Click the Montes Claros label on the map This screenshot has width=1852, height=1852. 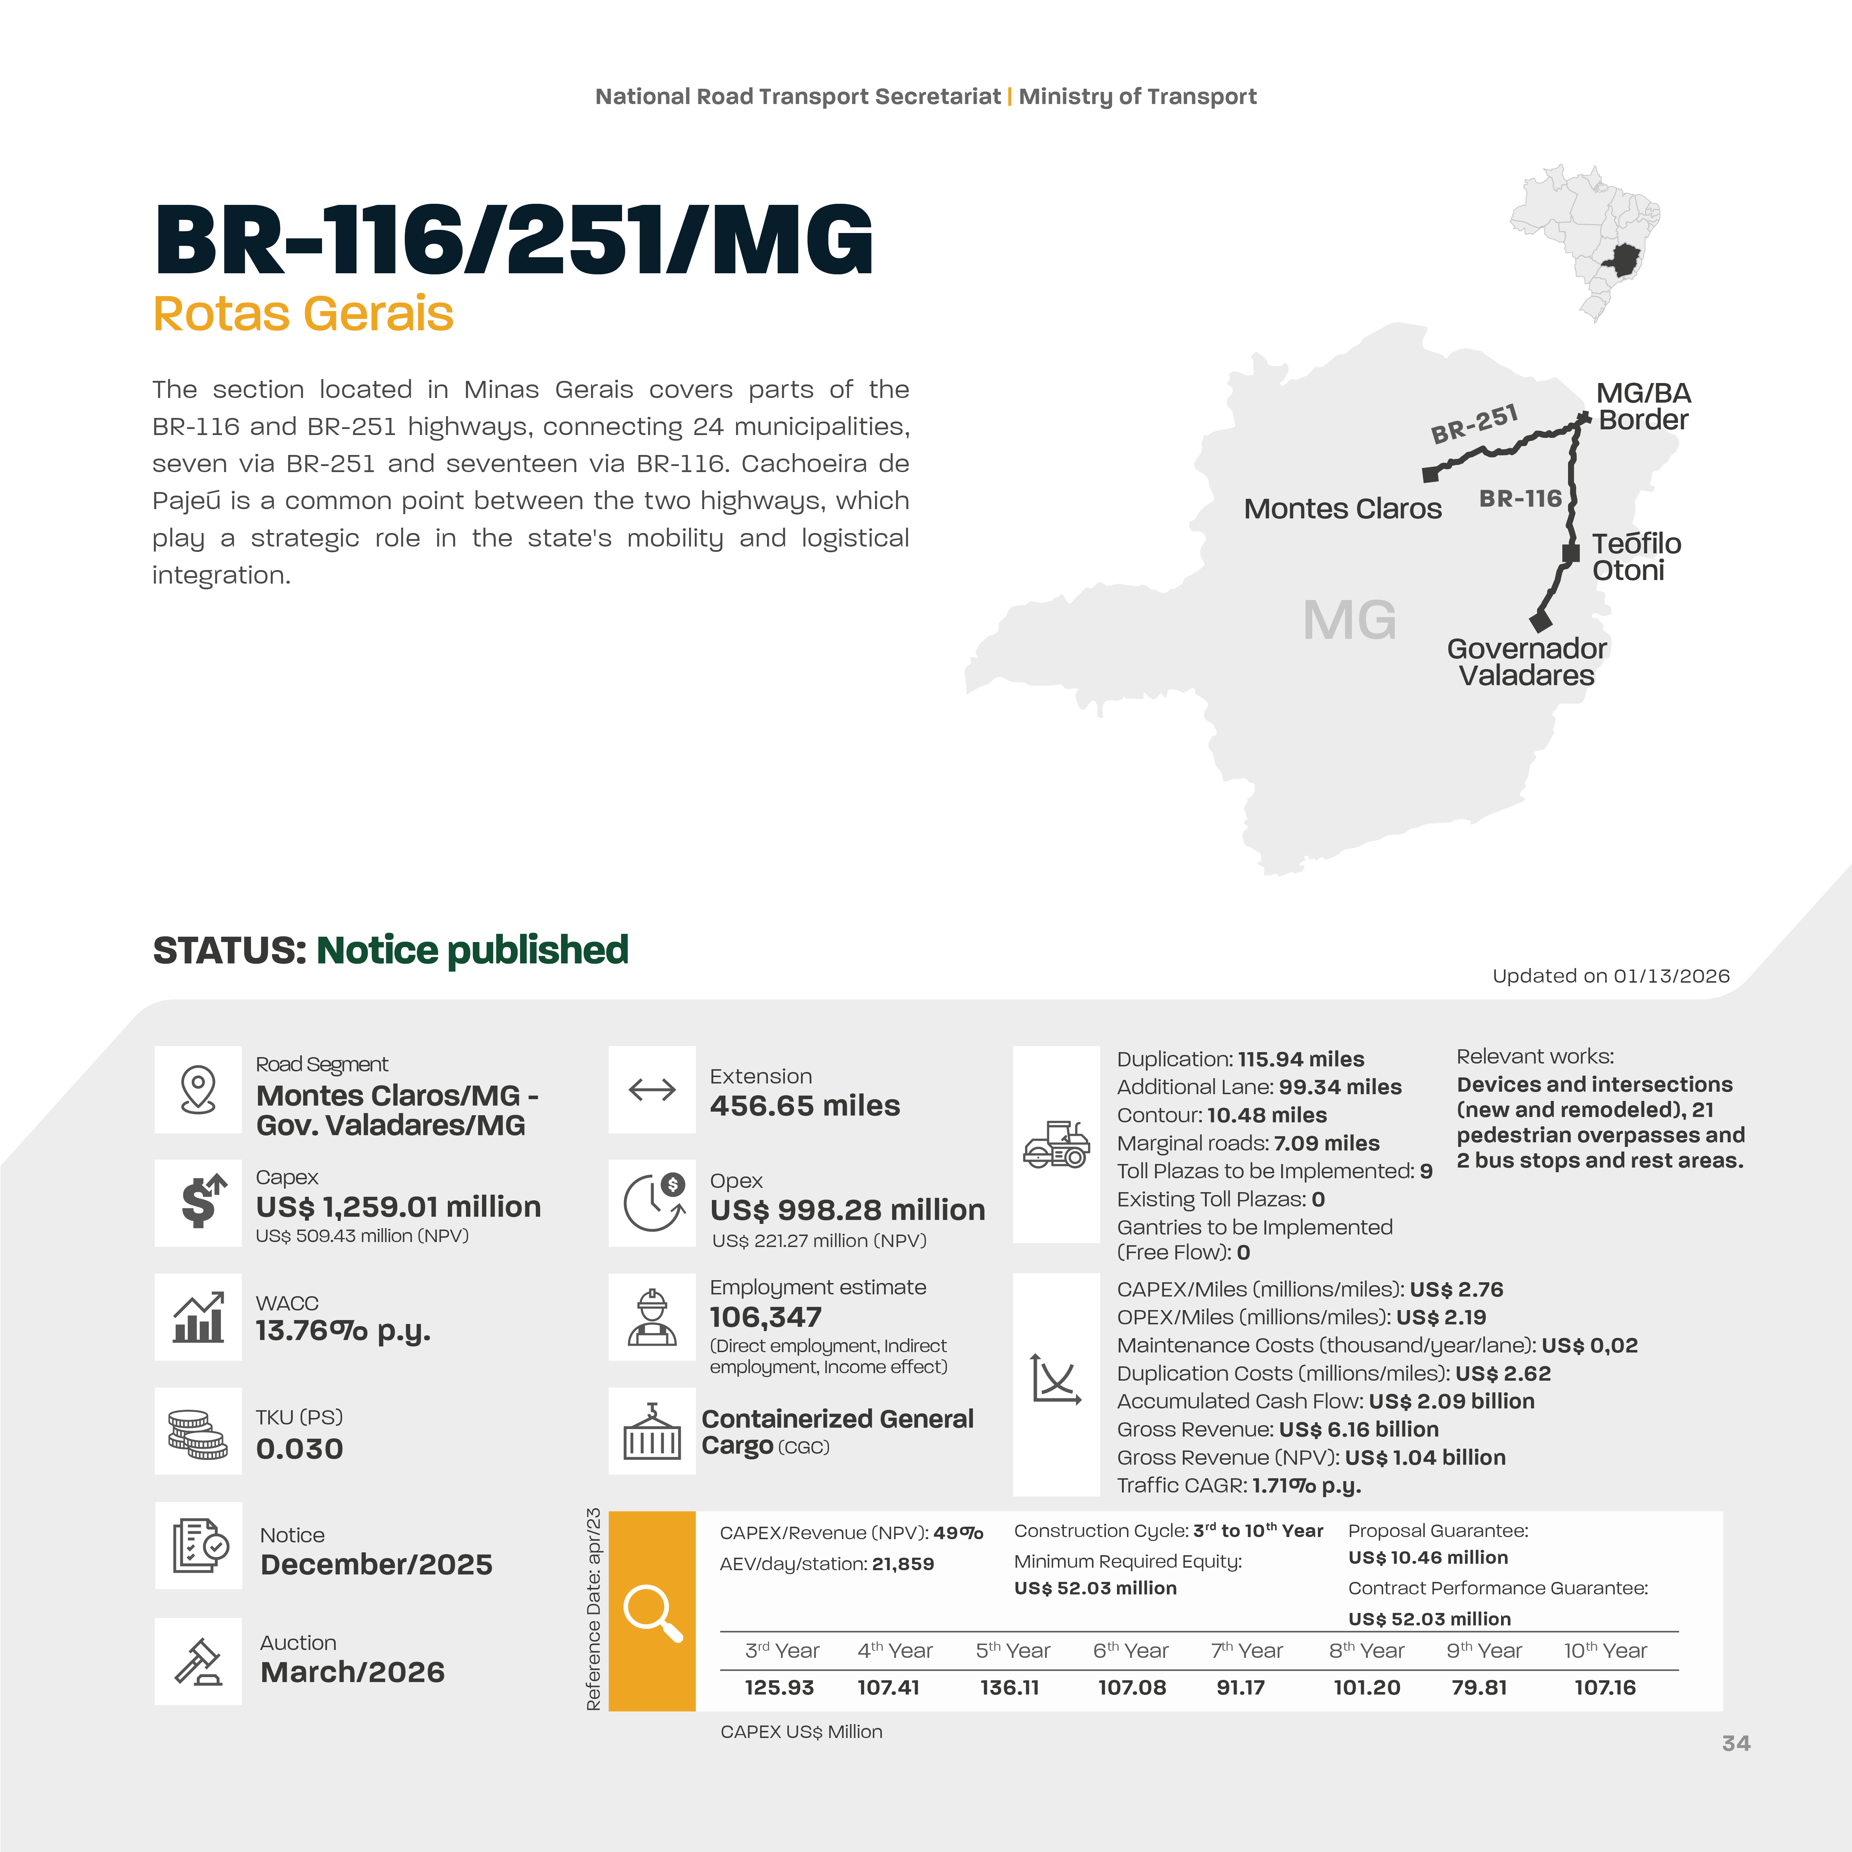click(x=1342, y=509)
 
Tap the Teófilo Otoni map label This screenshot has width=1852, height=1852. click(x=1636, y=557)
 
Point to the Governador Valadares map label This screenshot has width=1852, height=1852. click(x=1526, y=661)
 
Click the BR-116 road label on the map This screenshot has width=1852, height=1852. click(x=1520, y=498)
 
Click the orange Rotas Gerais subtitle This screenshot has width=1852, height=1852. click(x=303, y=314)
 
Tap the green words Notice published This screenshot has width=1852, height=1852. click(x=472, y=950)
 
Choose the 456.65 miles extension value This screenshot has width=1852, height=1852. click(x=804, y=1105)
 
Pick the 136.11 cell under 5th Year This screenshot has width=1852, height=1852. click(x=1009, y=1687)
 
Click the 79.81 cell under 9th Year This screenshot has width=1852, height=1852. click(x=1479, y=1687)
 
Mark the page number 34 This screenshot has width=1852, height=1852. click(x=1736, y=1743)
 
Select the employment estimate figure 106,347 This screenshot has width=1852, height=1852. click(x=765, y=1317)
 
